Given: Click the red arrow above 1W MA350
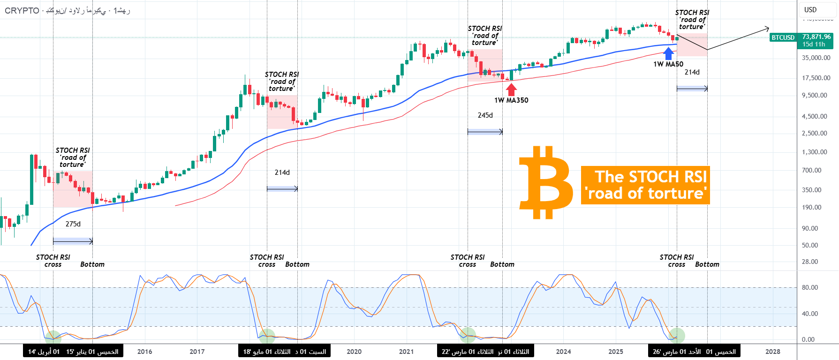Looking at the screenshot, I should [x=511, y=89].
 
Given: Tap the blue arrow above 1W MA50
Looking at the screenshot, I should [x=669, y=53].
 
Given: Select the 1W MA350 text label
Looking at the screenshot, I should [x=511, y=100].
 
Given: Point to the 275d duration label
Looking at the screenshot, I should [x=73, y=224].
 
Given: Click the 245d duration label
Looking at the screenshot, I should [x=485, y=115].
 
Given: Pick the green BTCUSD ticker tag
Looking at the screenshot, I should [x=783, y=37].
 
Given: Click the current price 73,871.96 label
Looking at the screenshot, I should [x=816, y=37].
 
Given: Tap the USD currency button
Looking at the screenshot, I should [x=810, y=10].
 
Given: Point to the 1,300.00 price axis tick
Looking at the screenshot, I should [x=815, y=152].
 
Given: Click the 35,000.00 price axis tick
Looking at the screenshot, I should [x=816, y=58].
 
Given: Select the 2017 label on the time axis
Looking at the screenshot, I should [x=197, y=352].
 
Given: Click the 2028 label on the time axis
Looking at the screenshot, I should [x=773, y=352].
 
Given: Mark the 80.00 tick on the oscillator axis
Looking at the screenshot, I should [x=810, y=287].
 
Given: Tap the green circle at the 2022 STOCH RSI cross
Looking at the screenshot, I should [x=468, y=335].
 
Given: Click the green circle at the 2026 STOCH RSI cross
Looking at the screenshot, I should [x=677, y=335].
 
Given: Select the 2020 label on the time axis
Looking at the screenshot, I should [x=354, y=352].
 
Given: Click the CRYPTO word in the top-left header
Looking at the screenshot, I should [x=22, y=10].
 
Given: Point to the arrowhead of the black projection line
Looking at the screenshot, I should [x=768, y=28].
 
